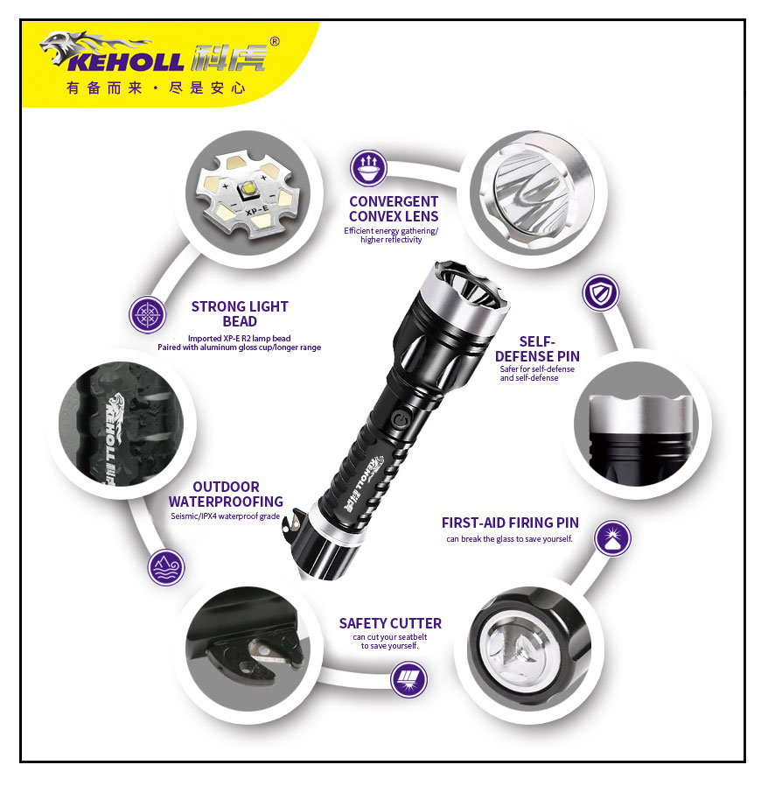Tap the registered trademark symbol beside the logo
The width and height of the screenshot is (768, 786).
pos(275,41)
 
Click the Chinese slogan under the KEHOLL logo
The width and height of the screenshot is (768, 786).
pos(156,88)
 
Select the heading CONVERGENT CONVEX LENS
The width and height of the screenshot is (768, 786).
pos(393,208)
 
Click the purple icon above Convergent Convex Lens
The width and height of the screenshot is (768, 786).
pos(368,168)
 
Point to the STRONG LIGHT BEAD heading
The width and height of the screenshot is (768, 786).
pos(239,313)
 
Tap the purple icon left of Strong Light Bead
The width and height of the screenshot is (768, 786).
pos(147,315)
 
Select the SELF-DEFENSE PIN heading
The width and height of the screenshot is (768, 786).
pos(537,348)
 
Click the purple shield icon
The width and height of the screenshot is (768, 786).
pos(601,293)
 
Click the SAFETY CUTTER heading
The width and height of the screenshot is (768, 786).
pos(390,623)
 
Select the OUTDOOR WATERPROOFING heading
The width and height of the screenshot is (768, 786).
pos(226,494)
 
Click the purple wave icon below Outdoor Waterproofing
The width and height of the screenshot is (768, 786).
pos(166,567)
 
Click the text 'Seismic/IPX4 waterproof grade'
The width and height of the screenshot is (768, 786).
pos(225,516)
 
